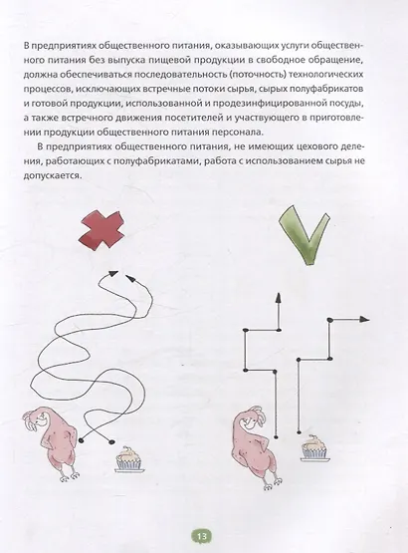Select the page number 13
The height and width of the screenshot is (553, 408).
click(202, 536)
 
